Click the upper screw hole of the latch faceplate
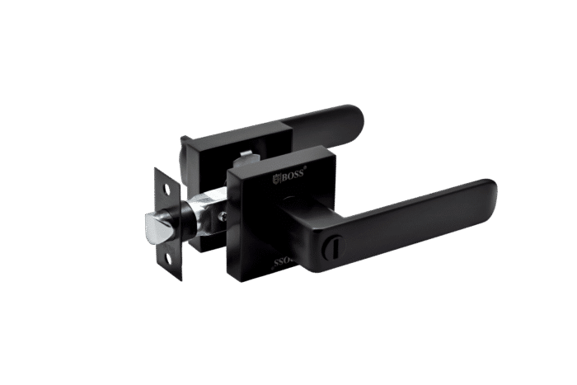point(169,189)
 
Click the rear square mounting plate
point(206,157)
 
